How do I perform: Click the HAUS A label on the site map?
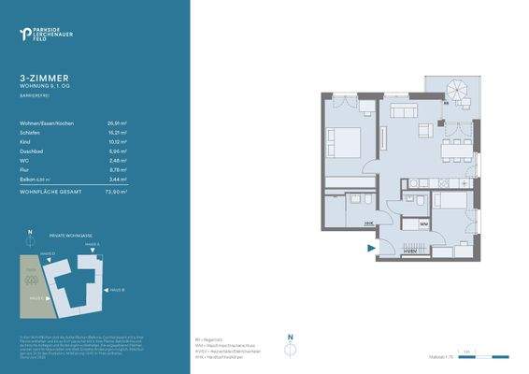[93, 244]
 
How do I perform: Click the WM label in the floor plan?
[423, 225]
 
